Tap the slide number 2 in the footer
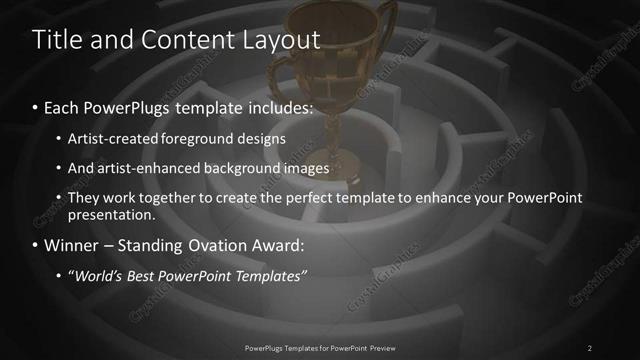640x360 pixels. (590, 348)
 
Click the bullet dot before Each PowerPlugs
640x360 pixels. (36, 107)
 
